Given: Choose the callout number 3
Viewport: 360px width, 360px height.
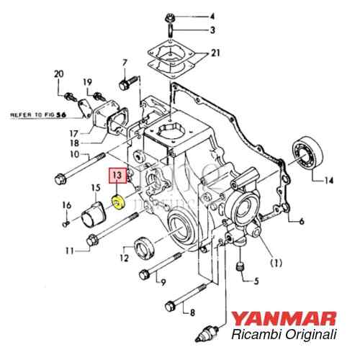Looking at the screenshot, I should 212,30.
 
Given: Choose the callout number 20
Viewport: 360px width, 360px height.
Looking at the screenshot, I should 59,73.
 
